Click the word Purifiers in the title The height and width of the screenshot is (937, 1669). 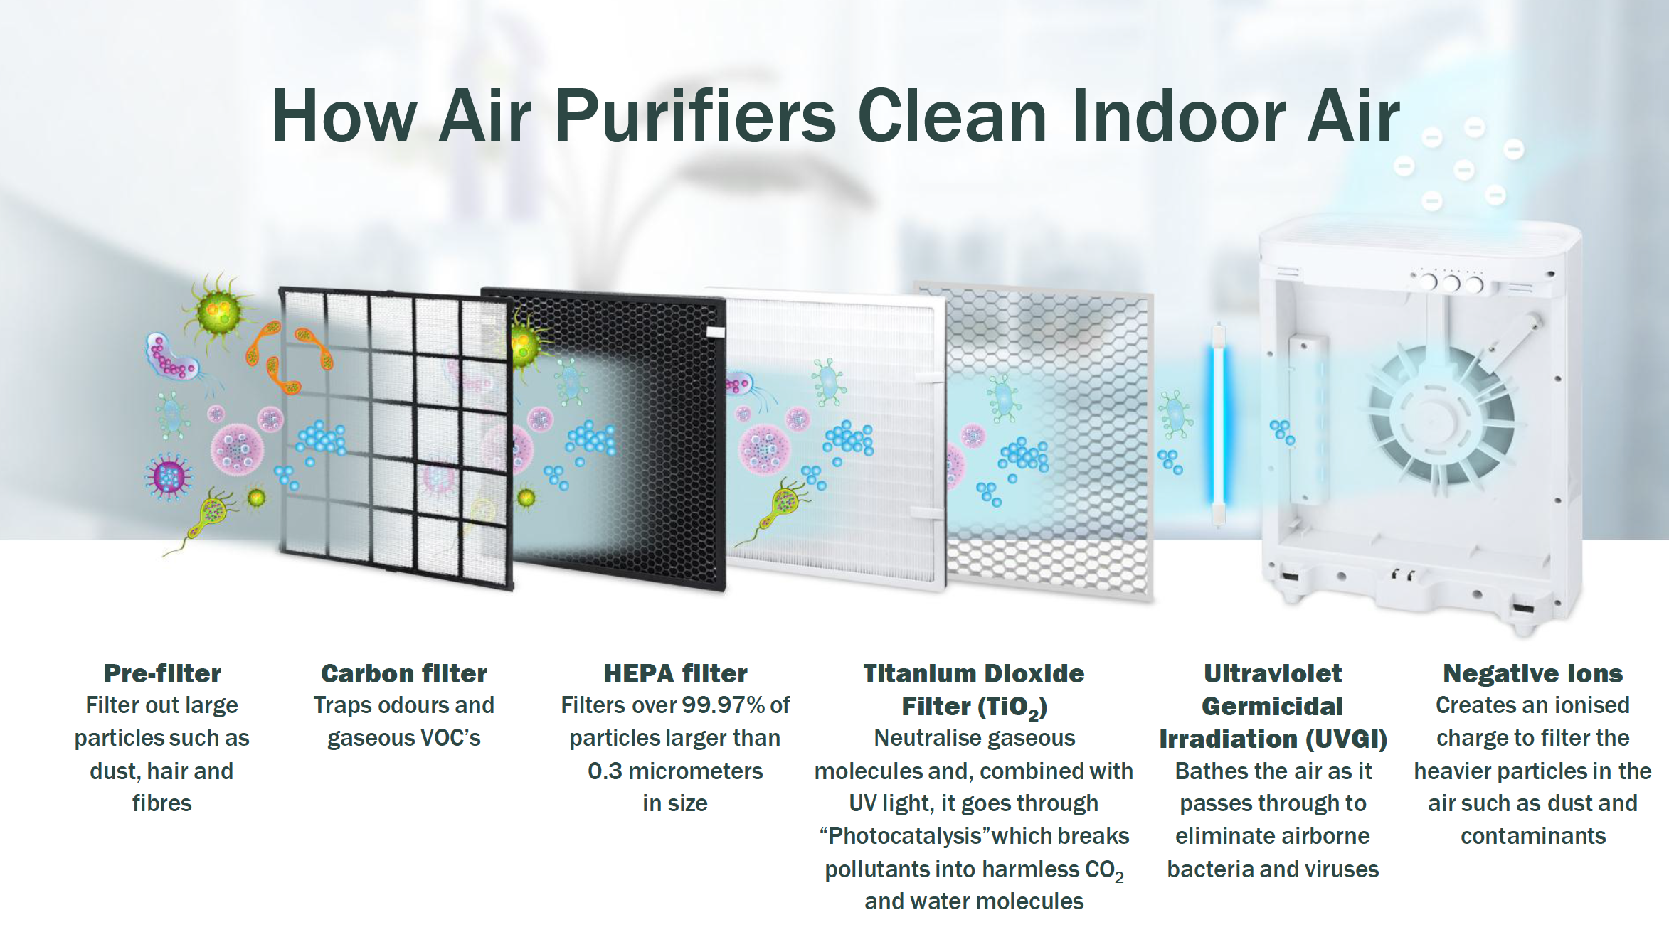pos(695,116)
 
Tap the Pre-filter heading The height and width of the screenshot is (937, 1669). pos(162,673)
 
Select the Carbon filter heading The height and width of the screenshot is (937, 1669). pos(404,673)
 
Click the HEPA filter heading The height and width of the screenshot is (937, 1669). pos(675,673)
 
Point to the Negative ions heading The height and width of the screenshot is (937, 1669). pos(1533,673)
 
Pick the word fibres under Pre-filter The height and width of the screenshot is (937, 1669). pos(162,803)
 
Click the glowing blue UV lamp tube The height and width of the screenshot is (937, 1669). pos(1219,425)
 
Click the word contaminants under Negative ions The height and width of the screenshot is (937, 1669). pos(1533,836)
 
